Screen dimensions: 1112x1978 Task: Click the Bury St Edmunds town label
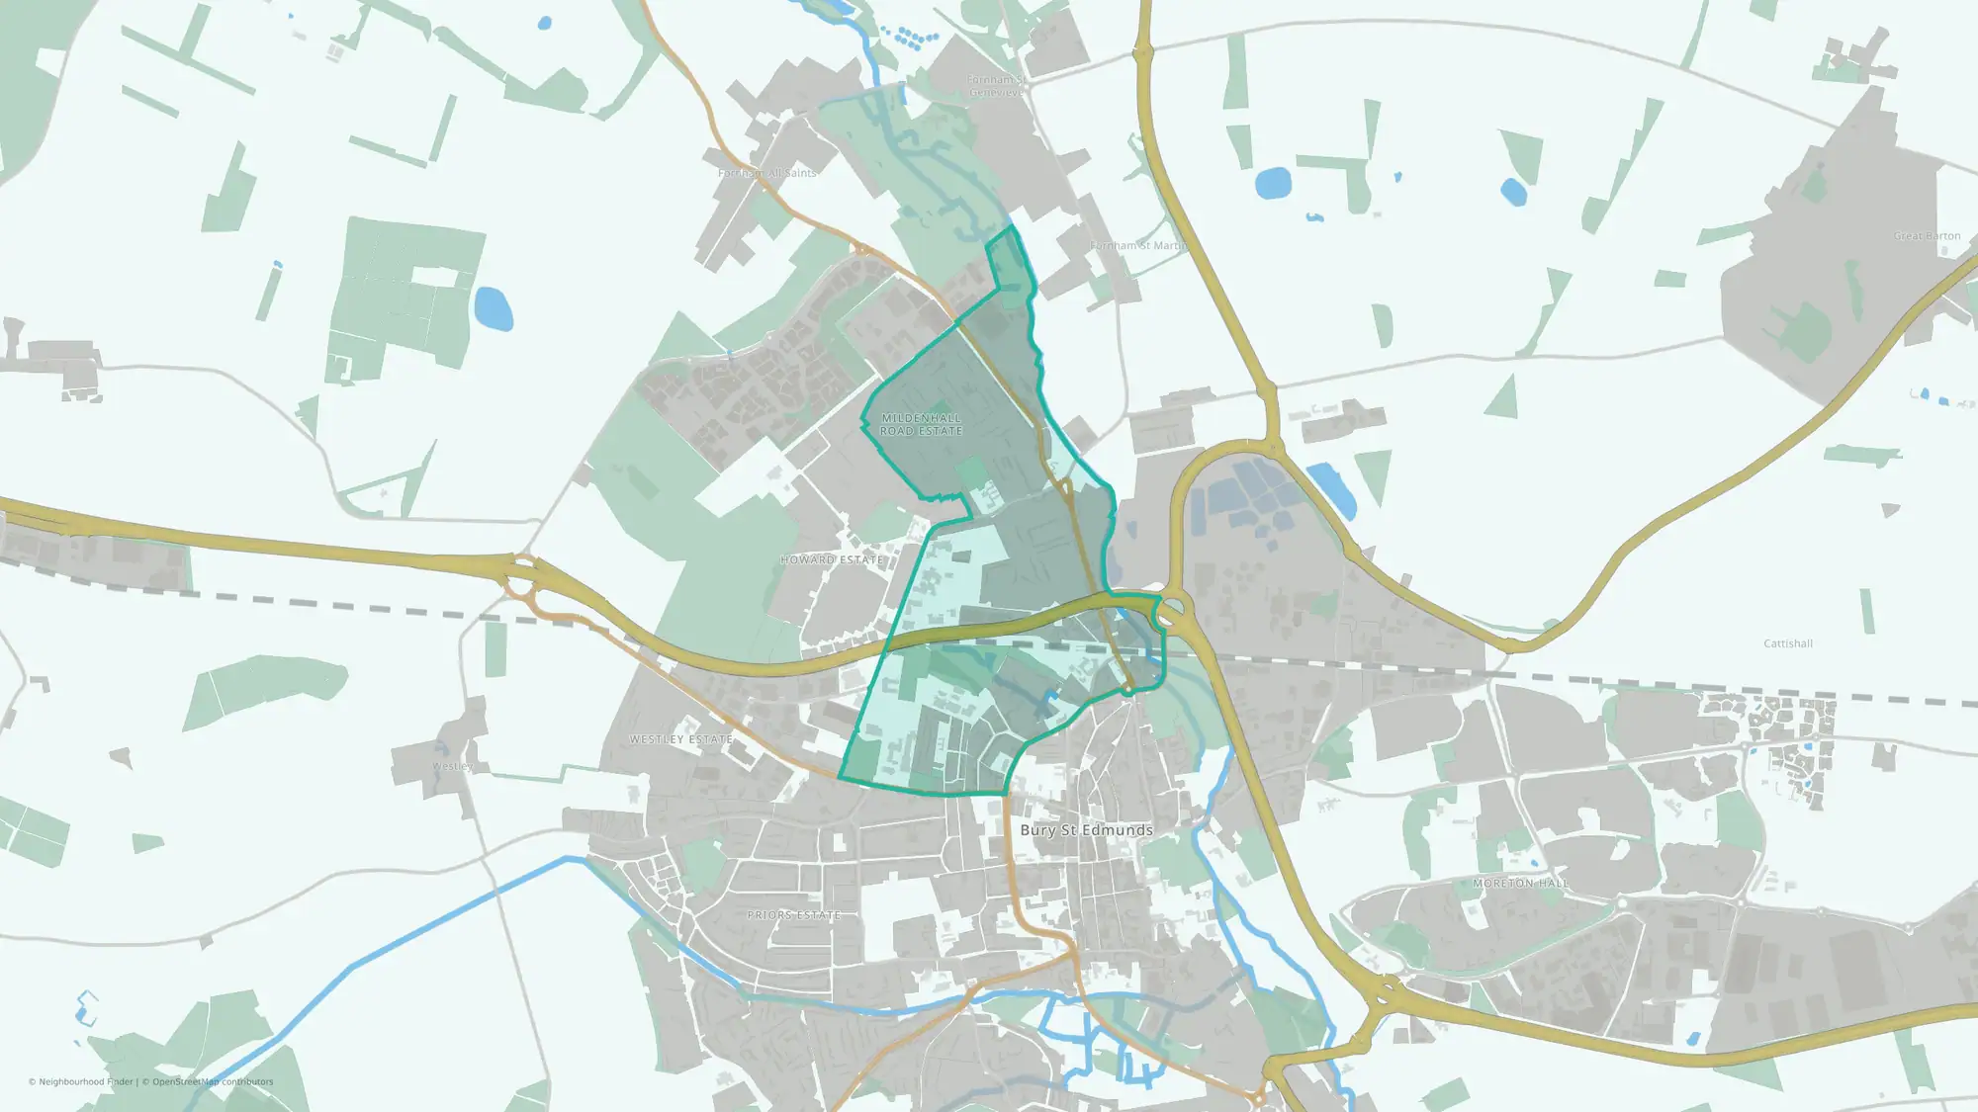coord(1086,830)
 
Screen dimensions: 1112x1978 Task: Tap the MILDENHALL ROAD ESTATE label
coord(921,425)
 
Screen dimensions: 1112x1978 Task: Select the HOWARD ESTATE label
coord(831,559)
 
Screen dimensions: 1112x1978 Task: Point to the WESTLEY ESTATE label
coord(681,739)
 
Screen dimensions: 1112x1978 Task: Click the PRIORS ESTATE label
coord(793,915)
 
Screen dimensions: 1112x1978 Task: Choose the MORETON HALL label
coord(1520,883)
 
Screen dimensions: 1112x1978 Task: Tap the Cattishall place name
coord(1788,643)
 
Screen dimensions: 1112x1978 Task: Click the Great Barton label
coord(1927,236)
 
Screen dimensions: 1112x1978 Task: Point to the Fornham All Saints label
coord(767,173)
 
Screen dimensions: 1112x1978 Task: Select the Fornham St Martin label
coord(1137,245)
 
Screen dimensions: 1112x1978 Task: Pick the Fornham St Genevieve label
coord(996,86)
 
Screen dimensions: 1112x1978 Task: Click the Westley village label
coord(452,766)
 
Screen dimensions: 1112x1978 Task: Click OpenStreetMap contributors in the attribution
coord(213,1081)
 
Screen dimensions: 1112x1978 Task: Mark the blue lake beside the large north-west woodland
coord(494,308)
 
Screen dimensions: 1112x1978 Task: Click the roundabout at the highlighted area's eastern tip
coord(1171,609)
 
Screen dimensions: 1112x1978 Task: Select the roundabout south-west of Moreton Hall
coord(1385,989)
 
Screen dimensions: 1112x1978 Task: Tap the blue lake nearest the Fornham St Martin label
coord(1273,183)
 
